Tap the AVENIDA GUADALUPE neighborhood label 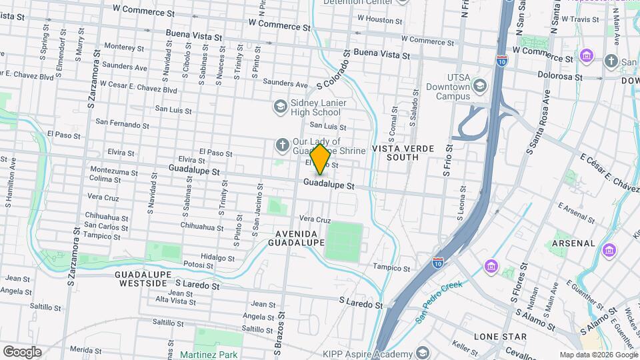coord(299,238)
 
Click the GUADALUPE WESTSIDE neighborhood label coord(143,279)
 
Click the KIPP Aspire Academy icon coord(422,352)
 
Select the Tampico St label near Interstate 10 coord(391,267)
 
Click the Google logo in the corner coord(22,351)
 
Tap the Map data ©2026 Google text coord(598,355)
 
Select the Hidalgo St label coord(218,257)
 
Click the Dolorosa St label coord(561,77)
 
